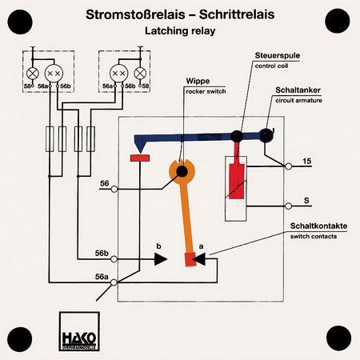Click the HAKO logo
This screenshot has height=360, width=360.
(79, 331)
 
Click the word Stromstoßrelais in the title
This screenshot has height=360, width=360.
(135, 14)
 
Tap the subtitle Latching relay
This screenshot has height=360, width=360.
(180, 31)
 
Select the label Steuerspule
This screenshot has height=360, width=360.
(278, 55)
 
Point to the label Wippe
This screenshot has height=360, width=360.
(198, 81)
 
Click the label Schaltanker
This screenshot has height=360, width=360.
(298, 90)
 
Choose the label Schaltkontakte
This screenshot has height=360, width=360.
(318, 226)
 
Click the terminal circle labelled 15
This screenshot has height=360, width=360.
(288, 166)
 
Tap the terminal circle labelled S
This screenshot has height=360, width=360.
(288, 206)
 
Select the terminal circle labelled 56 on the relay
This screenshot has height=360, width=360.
(114, 189)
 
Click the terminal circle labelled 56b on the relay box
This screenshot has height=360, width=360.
(114, 259)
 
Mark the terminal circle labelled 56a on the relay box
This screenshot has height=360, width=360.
(114, 282)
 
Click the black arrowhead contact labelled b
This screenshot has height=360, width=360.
(161, 259)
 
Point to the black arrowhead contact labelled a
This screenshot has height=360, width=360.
(199, 259)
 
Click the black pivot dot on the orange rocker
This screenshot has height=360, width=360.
(182, 171)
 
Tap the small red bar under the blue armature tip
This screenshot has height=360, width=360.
(140, 158)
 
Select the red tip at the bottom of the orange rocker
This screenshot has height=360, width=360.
(190, 259)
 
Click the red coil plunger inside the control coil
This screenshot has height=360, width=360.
(237, 176)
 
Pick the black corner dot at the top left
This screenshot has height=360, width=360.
(20, 22)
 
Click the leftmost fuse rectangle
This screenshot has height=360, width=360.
(50, 139)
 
